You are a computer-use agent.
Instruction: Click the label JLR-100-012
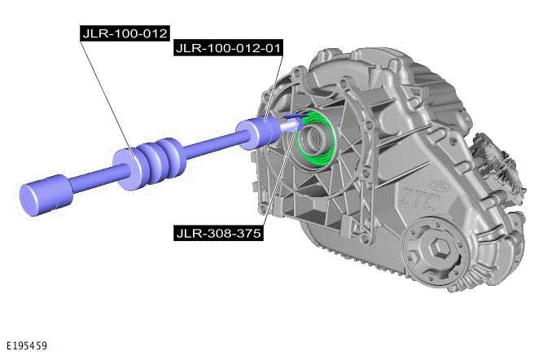(x=125, y=33)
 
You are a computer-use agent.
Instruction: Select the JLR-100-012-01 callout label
(x=228, y=49)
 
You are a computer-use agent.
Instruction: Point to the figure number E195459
(x=25, y=346)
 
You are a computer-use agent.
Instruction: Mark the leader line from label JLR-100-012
(x=106, y=98)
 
